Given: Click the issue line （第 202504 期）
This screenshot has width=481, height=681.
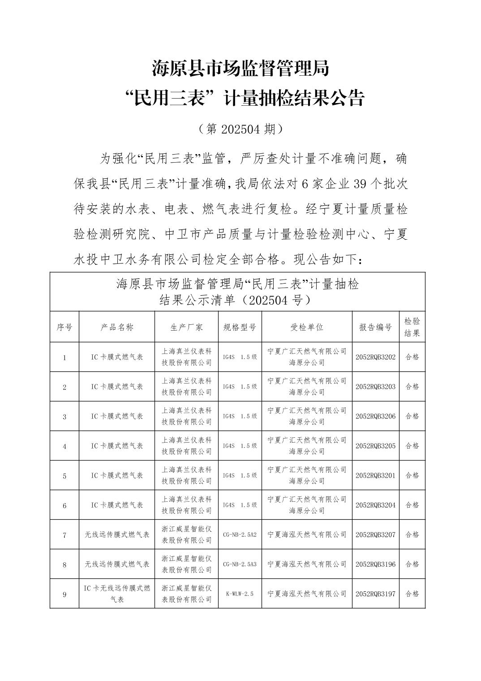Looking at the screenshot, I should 240,129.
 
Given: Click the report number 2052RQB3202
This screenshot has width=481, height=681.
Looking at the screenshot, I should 375,357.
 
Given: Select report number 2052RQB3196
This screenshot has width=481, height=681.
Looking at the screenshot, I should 375,564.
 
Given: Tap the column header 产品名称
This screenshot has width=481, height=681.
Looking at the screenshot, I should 117,327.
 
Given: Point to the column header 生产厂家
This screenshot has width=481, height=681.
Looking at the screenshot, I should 186,327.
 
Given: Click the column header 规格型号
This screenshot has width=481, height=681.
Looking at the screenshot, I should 240,327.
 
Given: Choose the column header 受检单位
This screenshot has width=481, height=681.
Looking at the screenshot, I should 307,327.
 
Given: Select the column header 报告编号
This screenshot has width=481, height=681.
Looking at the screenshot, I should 375,327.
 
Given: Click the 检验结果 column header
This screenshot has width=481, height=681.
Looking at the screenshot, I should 412,327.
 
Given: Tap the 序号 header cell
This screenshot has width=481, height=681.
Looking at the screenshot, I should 64,327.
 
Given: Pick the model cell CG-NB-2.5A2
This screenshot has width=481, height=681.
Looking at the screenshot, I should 240,534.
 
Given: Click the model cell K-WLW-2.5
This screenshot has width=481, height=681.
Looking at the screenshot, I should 240,594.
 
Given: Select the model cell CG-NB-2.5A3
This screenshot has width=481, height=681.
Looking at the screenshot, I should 240,564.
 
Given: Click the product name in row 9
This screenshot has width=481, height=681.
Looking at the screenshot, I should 117,594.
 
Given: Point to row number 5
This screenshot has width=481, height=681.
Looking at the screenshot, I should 64,476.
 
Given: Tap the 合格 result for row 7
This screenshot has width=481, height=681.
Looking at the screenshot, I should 412,534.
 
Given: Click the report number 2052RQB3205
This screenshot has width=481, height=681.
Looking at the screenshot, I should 375,446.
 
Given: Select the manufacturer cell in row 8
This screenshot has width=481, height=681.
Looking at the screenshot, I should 186,564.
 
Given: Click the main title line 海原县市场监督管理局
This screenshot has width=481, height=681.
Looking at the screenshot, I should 240,69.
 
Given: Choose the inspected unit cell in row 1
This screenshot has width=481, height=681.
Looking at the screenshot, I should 307,357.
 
